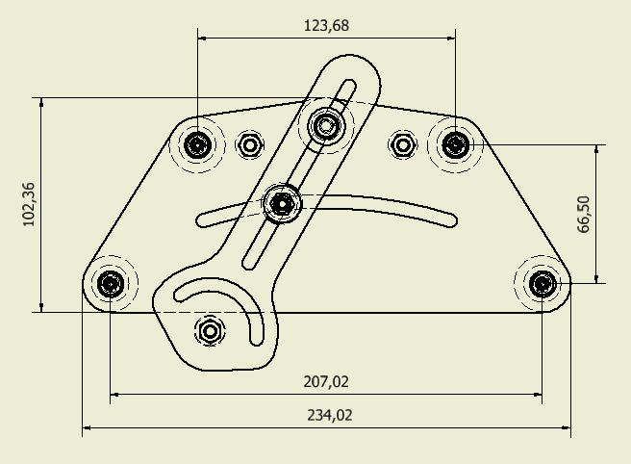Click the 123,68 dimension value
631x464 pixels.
click(326, 25)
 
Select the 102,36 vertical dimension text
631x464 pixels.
click(28, 204)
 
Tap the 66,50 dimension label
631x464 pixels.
click(584, 214)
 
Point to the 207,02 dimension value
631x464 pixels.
click(326, 382)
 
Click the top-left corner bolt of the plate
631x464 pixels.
click(198, 145)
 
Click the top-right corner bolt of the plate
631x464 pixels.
click(455, 144)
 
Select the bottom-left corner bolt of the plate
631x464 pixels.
click(111, 283)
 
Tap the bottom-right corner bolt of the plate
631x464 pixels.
click(543, 283)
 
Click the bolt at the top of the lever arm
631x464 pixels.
click(326, 124)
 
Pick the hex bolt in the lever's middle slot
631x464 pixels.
click(282, 203)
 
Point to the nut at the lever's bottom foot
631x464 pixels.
click(210, 331)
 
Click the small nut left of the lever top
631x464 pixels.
click(250, 144)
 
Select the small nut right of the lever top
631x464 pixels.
click(402, 144)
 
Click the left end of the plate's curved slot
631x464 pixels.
click(202, 219)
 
